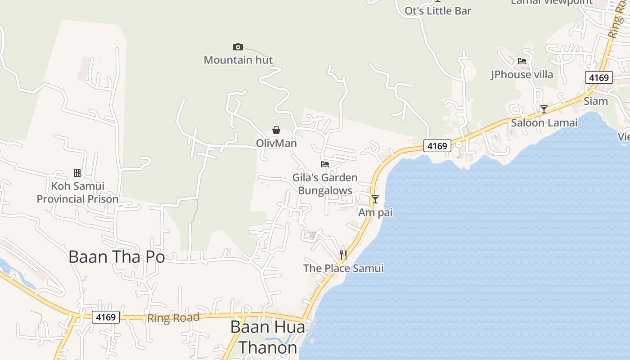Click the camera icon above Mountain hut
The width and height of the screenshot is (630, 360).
coord(238,47)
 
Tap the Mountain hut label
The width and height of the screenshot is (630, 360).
coord(238,60)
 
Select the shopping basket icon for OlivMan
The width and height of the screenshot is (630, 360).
coord(276,130)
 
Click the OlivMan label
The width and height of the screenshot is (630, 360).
coord(276,143)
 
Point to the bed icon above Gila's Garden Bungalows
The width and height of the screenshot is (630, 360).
coord(325,164)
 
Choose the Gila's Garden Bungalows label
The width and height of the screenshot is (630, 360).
coord(325,184)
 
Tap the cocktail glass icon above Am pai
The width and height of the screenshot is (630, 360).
coord(375,199)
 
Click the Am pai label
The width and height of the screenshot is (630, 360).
coord(375,212)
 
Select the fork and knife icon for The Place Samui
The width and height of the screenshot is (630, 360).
coord(343,255)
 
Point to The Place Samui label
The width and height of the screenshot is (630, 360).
coord(343,268)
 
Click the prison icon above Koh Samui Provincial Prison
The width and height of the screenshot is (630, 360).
coord(77,173)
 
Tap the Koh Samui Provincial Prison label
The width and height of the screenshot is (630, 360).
coord(77,193)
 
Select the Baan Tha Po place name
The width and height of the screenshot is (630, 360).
coord(117,257)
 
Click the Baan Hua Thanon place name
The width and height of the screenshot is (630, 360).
coord(267,337)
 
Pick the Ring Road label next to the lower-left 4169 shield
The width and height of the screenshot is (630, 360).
coord(173,318)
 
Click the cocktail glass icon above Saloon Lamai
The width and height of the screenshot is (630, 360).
coord(544,109)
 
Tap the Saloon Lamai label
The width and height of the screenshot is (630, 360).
coord(544,122)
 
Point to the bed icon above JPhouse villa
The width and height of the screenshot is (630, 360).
coord(522,61)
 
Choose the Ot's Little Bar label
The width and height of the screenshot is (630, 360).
coord(438,11)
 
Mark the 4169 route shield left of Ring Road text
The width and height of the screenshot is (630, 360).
coord(106,317)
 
